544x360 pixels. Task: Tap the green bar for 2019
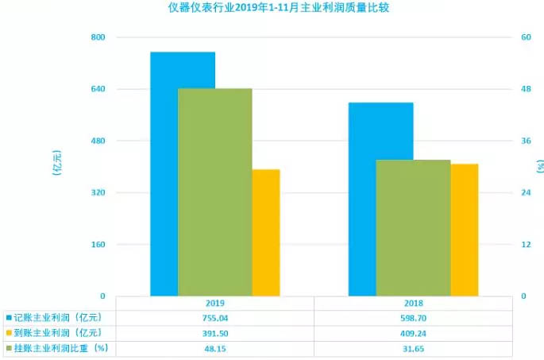click(x=214, y=191)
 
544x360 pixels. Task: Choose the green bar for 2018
click(x=412, y=227)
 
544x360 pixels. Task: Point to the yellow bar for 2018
click(x=464, y=230)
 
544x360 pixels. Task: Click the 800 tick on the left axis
click(x=98, y=37)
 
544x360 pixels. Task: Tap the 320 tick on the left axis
click(x=98, y=192)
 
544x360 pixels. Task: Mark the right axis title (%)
click(x=539, y=165)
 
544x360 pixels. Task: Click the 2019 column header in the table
click(x=214, y=303)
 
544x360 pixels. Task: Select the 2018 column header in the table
click(x=412, y=303)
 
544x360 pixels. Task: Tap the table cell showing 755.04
click(x=214, y=318)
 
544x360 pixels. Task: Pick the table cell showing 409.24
click(x=412, y=332)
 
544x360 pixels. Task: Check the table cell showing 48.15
click(x=214, y=347)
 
